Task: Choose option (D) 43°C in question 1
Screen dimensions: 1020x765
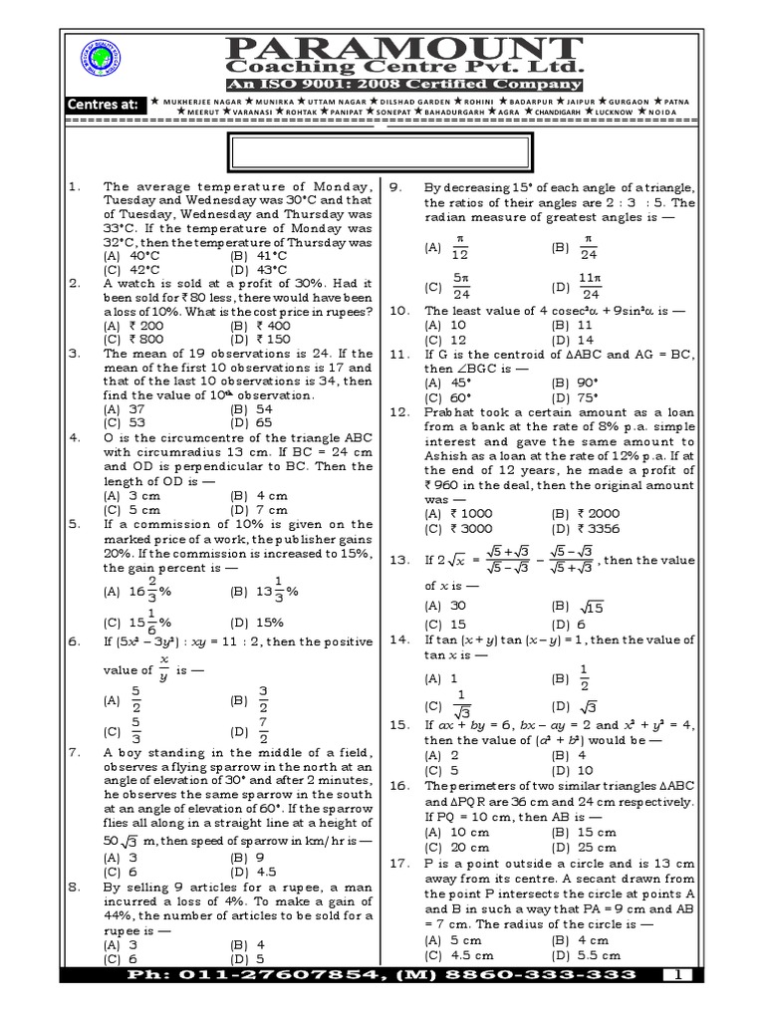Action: coord(258,269)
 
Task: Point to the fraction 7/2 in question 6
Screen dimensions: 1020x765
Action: coord(265,729)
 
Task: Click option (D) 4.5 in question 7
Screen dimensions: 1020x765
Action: coord(254,870)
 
